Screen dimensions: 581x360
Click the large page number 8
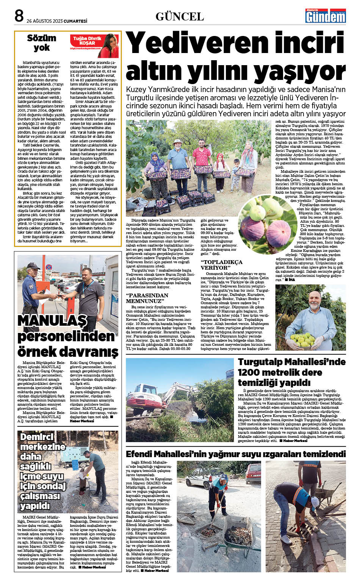[x=19, y=16]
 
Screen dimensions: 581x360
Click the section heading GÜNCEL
[x=180, y=17]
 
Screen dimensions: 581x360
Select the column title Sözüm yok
[x=42, y=42]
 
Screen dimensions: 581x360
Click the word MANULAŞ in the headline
[x=52, y=320]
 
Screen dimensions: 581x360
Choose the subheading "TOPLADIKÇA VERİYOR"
[x=222, y=265]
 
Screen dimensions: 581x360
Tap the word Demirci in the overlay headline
[x=37, y=437]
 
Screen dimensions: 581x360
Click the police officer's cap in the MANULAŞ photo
[x=31, y=265]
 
